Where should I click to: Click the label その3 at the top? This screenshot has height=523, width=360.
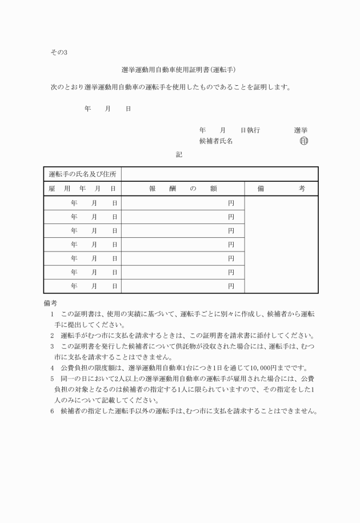tap(59, 53)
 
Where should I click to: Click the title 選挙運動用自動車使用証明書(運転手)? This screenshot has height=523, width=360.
tap(179, 70)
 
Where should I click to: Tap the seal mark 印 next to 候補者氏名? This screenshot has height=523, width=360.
tap(303, 142)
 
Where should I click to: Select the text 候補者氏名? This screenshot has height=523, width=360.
tap(216, 142)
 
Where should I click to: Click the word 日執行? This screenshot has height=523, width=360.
tap(250, 130)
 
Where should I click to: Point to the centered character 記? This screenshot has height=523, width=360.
tap(179, 154)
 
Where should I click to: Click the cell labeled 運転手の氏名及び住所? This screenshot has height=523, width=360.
tap(82, 174)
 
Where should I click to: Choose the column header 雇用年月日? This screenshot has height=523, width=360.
tap(82, 189)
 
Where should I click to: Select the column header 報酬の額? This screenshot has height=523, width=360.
tap(182, 189)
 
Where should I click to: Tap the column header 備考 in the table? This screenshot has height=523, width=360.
tap(281, 189)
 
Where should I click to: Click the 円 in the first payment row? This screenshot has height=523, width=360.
tap(231, 203)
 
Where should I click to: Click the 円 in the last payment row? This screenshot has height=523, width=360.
tap(231, 285)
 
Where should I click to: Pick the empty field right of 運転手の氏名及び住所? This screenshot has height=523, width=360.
tap(219, 174)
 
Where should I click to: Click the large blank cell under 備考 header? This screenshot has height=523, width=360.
tap(281, 245)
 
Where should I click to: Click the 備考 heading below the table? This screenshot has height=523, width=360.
tap(50, 302)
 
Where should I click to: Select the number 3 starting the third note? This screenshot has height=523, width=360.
tap(52, 346)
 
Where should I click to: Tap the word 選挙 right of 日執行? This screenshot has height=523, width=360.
tap(301, 130)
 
